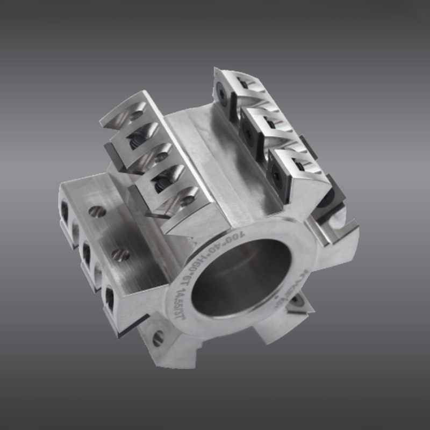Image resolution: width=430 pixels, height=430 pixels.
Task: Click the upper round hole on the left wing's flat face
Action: pos(97,212)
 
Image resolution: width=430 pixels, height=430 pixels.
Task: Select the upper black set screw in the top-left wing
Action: pos(135,143)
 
